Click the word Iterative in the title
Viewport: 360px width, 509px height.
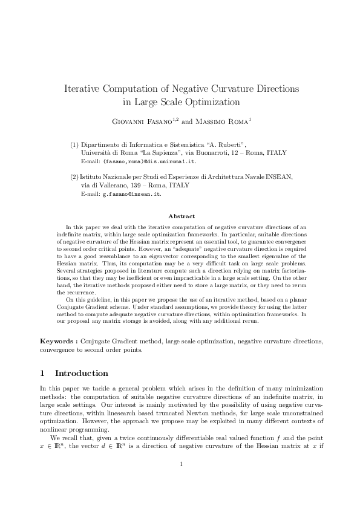click(83, 89)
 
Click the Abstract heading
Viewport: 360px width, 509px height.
click(181, 216)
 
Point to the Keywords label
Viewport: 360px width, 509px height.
click(59, 342)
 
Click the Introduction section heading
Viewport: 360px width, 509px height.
click(82, 373)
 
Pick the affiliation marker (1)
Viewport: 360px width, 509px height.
click(74, 145)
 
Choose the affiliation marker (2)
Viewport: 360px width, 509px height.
click(74, 177)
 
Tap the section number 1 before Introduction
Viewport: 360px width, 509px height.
click(42, 373)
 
